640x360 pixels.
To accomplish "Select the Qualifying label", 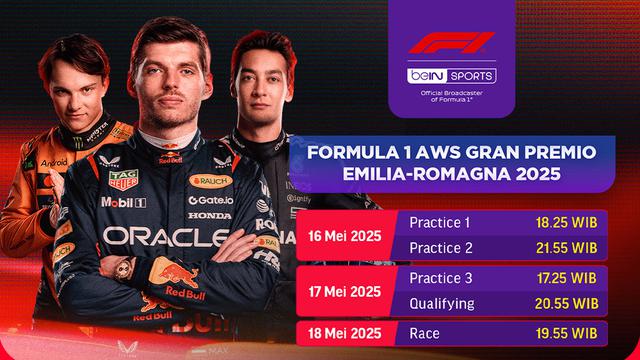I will [x=439, y=303].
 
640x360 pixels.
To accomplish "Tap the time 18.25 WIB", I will [x=568, y=221].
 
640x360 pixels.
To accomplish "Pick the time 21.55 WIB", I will [x=568, y=247].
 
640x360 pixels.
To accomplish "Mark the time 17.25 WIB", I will [x=568, y=277].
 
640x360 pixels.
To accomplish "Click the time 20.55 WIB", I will [x=568, y=303].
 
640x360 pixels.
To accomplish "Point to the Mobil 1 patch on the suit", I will [x=123, y=203].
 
